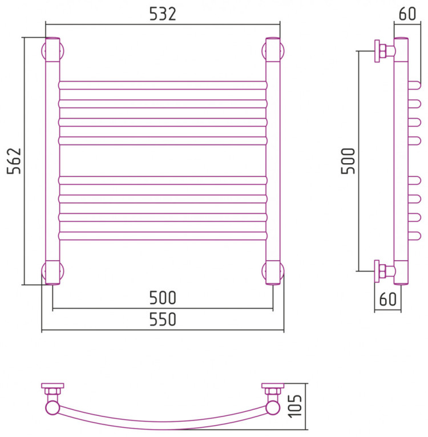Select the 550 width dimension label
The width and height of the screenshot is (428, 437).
tap(163, 320)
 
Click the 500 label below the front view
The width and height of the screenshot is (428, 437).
tap(163, 298)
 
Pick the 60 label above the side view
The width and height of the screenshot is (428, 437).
tap(407, 14)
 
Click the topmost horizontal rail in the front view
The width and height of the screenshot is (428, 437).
tap(163, 85)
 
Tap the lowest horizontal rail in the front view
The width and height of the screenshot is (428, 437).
tap(163, 235)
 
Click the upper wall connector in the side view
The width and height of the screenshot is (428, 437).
tap(382, 51)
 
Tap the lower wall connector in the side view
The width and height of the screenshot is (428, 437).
tap(382, 270)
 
